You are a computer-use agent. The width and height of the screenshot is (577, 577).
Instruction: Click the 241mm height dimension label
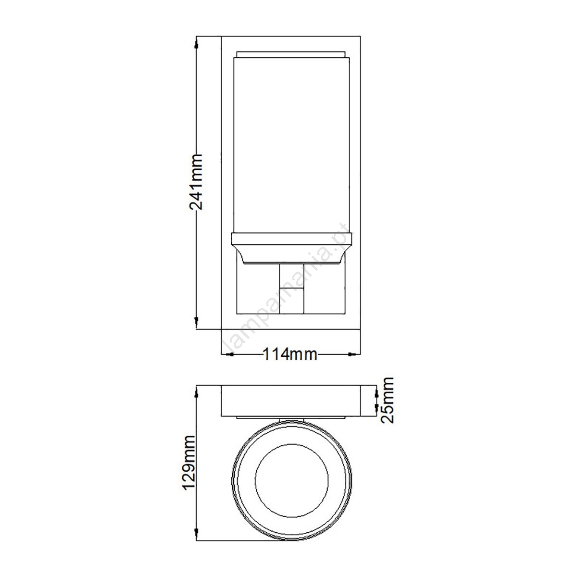coord(196,182)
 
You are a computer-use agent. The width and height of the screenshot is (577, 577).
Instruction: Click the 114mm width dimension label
coord(289,355)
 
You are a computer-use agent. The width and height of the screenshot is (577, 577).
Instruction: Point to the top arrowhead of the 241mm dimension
coord(196,44)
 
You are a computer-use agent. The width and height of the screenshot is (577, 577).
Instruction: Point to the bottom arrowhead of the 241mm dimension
coord(196,322)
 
